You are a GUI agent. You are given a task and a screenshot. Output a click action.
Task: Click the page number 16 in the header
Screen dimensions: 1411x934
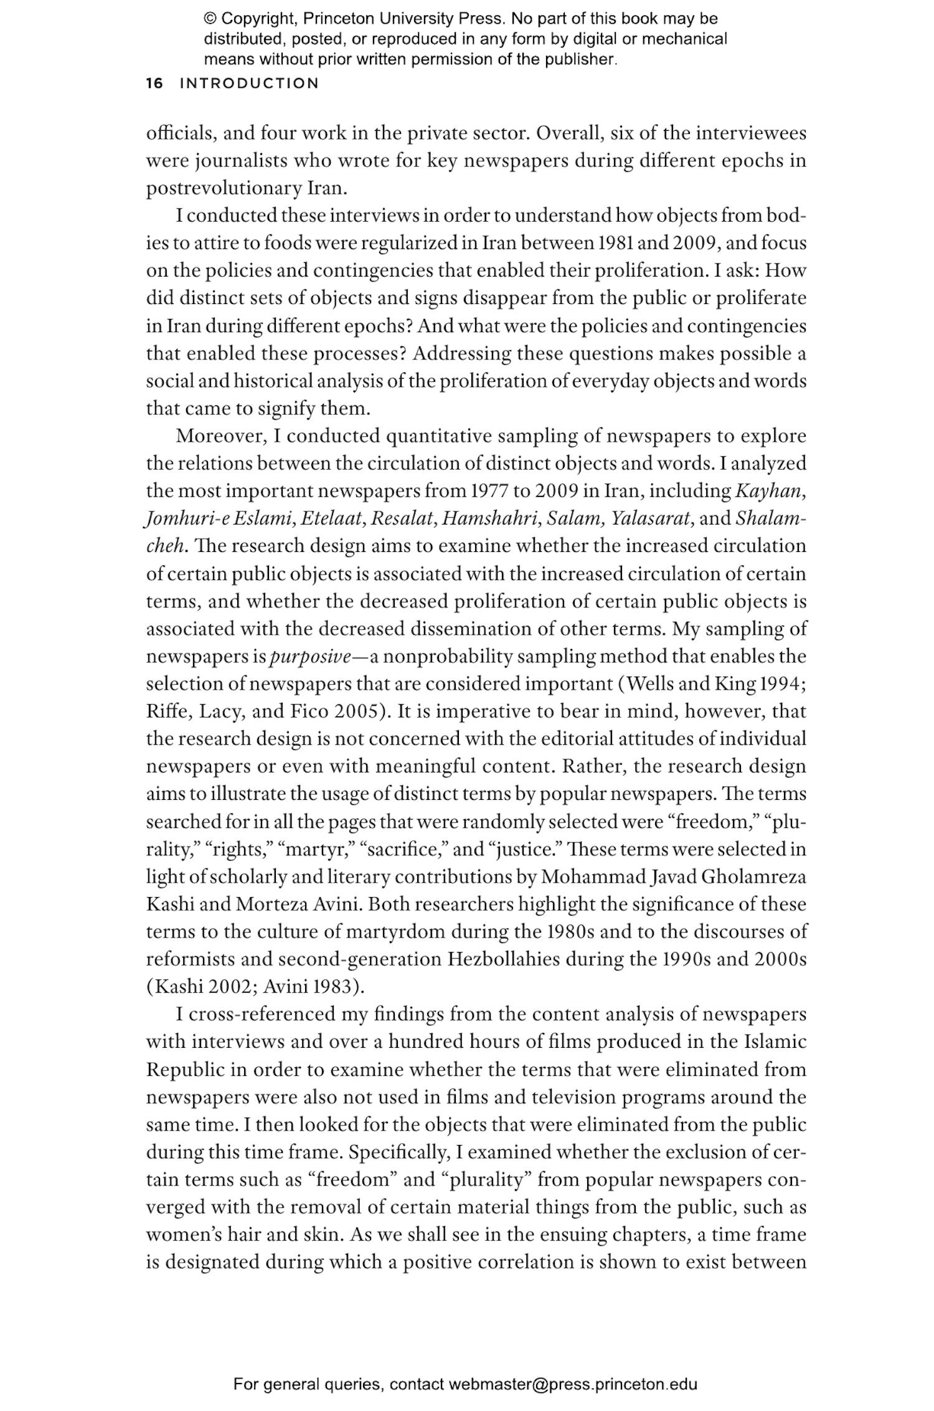[154, 83]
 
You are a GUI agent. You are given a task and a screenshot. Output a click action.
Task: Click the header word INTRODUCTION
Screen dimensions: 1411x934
[249, 83]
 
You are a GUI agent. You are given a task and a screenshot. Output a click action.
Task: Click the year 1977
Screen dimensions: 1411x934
[489, 491]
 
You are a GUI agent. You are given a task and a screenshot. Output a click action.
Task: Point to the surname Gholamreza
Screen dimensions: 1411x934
[753, 877]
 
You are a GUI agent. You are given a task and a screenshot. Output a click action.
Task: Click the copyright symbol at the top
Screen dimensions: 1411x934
[210, 19]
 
